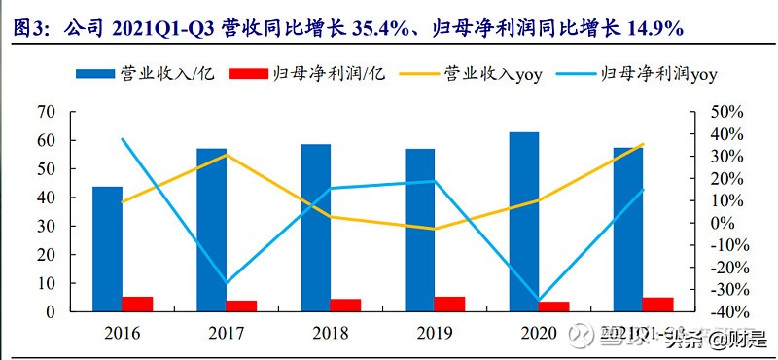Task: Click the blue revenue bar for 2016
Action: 107,248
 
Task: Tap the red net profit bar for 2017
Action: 241,306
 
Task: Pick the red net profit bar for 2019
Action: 450,304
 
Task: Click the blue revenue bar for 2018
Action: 315,228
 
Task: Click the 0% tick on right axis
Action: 721,223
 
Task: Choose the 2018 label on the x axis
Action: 331,334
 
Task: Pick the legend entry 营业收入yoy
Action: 492,73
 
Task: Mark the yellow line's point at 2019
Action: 435,230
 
